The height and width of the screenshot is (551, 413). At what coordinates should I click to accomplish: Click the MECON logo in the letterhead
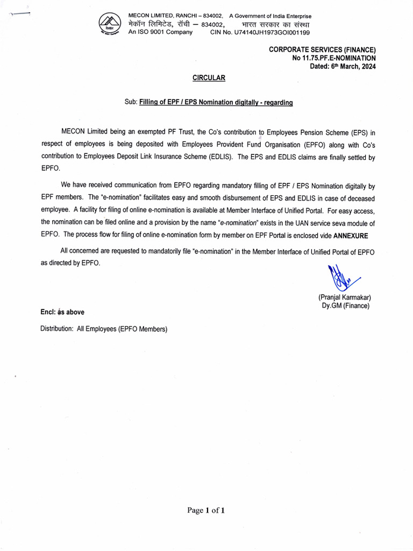tap(110, 24)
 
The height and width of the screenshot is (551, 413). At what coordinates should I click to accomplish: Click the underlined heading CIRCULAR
tap(209, 78)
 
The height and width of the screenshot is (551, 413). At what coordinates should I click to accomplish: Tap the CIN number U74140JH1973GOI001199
tap(260, 32)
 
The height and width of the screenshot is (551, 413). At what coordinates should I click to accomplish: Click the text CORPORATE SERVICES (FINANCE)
tap(322, 50)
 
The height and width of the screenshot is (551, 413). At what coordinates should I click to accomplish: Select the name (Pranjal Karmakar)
tap(344, 297)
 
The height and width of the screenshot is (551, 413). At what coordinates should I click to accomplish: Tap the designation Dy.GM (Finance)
tap(345, 306)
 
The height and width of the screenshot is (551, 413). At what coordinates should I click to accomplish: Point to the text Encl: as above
tap(62, 312)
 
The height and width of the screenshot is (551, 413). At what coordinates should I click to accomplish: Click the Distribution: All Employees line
tap(104, 329)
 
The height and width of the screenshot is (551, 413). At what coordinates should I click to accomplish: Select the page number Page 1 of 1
tap(206, 511)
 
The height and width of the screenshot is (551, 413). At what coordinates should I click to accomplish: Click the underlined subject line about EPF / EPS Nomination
tap(216, 102)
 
